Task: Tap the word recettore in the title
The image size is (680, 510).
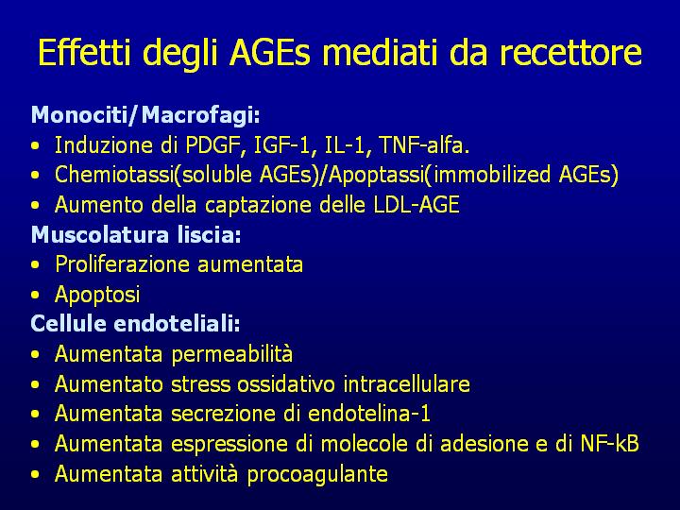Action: coord(570,53)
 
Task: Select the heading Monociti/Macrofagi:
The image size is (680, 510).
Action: coord(145,115)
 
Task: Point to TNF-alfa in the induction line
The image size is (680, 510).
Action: coord(424,145)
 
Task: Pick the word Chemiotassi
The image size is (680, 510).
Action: coord(114,175)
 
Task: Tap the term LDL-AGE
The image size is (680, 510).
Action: coord(416,205)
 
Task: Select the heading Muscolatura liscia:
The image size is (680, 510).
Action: coord(136,234)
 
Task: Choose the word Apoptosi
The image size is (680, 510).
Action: coord(97,295)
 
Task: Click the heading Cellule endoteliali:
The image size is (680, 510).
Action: coord(135,324)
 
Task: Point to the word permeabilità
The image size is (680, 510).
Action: coord(232,354)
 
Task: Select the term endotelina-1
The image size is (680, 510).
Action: coord(369,414)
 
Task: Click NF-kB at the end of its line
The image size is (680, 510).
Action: coord(609,444)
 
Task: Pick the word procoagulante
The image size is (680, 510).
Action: coord(317,474)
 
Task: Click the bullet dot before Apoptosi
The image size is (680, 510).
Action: coord(36,296)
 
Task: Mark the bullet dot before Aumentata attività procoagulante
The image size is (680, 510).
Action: coord(36,475)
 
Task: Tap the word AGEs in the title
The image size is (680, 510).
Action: coord(270,53)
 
